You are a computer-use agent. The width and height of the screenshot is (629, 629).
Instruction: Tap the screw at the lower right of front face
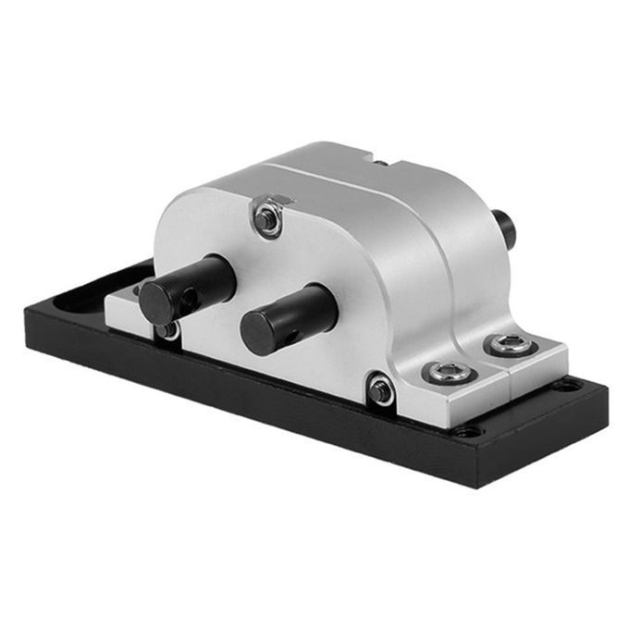coord(380,388)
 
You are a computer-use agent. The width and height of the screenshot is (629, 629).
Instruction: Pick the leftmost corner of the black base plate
coord(23,314)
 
